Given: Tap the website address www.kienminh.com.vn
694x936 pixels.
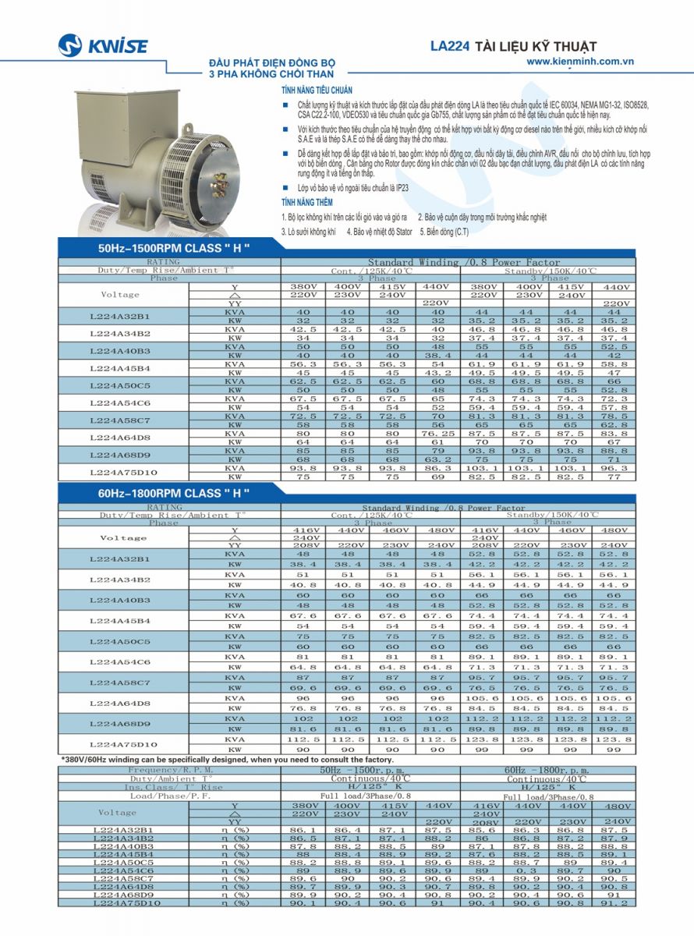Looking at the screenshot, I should pyautogui.click(x=579, y=61).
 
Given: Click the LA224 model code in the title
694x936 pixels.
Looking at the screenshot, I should pyautogui.click(x=449, y=46).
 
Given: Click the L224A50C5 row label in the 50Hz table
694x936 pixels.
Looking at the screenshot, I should pyautogui.click(x=120, y=385).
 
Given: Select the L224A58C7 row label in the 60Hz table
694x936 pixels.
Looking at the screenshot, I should pyautogui.click(x=120, y=682).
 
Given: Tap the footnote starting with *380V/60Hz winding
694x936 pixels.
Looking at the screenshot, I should pyautogui.click(x=228, y=759).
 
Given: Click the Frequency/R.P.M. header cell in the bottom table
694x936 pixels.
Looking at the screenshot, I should pyautogui.click(x=169, y=770).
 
